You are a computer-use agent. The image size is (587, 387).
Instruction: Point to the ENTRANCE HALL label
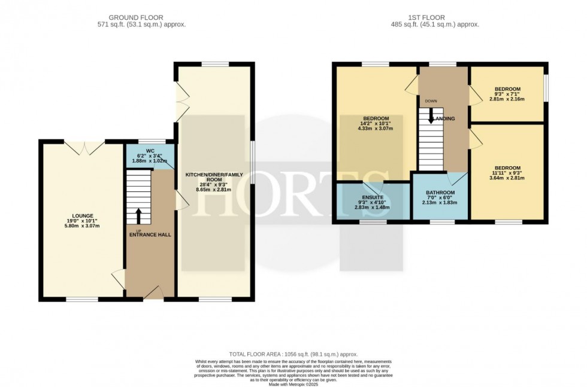150,234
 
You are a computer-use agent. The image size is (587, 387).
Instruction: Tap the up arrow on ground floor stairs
139,215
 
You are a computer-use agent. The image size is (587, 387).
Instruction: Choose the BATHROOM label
441,193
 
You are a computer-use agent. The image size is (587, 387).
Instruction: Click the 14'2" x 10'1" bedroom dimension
373,123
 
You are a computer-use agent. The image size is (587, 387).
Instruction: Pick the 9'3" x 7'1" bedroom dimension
507,94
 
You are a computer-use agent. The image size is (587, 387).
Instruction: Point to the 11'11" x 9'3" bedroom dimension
507,173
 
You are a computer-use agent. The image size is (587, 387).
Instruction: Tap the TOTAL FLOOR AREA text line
293,355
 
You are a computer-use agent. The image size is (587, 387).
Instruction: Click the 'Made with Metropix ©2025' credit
293,383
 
